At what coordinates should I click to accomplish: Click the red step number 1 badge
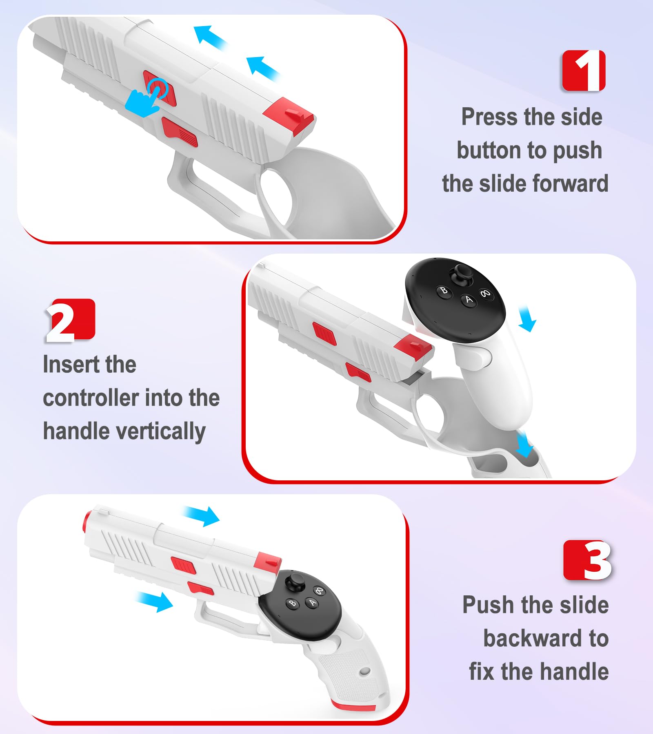click(x=584, y=71)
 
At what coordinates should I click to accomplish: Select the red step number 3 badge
click(x=587, y=560)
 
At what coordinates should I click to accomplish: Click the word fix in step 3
click(x=482, y=672)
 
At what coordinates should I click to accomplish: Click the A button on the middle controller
click(x=469, y=300)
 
